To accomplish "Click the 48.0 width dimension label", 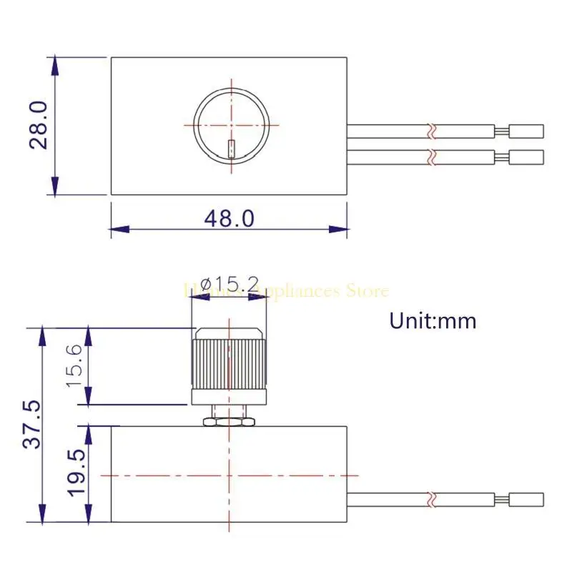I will (x=229, y=218).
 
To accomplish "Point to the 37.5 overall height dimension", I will (x=32, y=425).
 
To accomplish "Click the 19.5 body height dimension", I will (x=77, y=473).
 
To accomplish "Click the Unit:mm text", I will (x=433, y=320).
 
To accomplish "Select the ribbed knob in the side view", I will (x=229, y=363).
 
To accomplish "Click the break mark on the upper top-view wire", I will (x=430, y=132).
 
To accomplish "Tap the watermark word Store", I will (x=367, y=291).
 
